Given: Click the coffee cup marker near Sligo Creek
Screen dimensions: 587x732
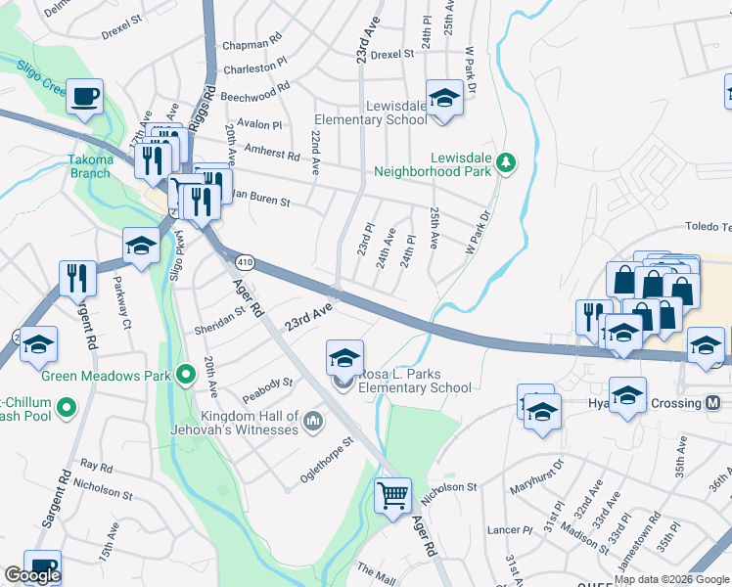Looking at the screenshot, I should pyautogui.click(x=85, y=96).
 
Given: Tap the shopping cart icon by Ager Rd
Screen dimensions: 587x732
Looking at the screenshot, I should pyautogui.click(x=392, y=495).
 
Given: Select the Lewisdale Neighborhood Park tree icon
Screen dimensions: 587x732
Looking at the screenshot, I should pyautogui.click(x=506, y=161).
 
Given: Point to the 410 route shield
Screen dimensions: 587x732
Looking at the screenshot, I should pyautogui.click(x=245, y=262).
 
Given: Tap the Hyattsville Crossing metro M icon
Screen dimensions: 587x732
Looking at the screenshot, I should pyautogui.click(x=712, y=403).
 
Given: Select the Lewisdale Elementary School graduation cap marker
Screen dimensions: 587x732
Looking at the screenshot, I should pyautogui.click(x=445, y=98).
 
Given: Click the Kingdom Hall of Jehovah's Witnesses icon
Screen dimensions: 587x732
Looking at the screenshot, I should pyautogui.click(x=313, y=422).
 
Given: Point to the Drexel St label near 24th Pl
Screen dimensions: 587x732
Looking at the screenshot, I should pyautogui.click(x=392, y=55).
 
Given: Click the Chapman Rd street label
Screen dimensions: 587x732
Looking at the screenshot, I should pyautogui.click(x=252, y=45).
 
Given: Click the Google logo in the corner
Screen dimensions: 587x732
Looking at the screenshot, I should pyautogui.click(x=32, y=575).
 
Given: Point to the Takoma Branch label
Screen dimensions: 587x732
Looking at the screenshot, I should pyautogui.click(x=90, y=166).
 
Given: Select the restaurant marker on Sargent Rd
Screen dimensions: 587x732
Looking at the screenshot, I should pyautogui.click(x=77, y=278).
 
